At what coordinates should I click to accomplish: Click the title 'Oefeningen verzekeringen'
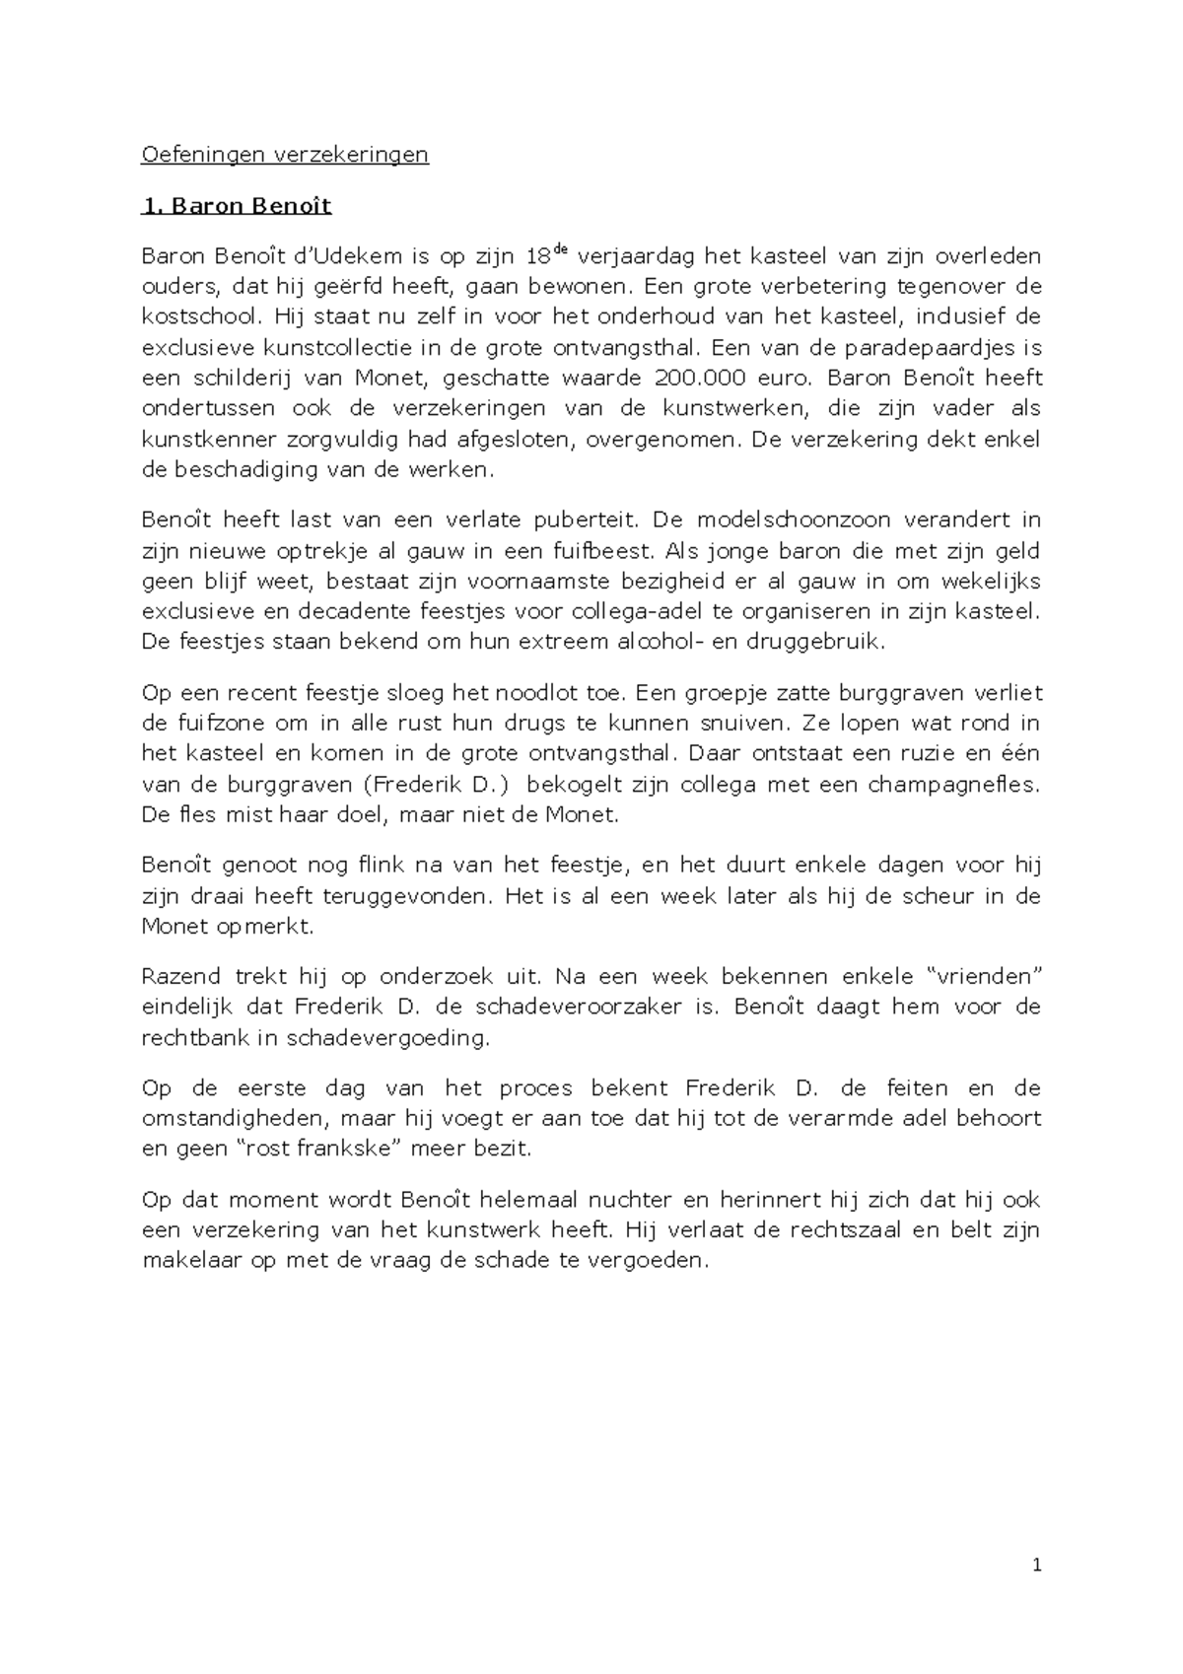[x=285, y=155]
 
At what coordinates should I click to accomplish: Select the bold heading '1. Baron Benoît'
[x=237, y=206]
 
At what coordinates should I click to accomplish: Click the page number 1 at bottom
[x=1036, y=1566]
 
